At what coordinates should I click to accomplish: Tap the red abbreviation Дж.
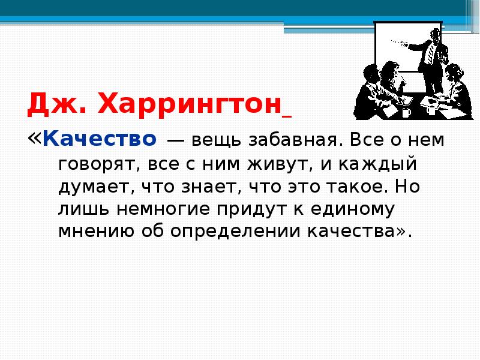pyautogui.click(x=56, y=106)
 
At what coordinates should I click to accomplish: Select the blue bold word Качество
pyautogui.click(x=100, y=140)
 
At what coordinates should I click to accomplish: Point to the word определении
pyautogui.click(x=230, y=232)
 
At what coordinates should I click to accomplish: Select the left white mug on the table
pyautogui.click(x=406, y=112)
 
